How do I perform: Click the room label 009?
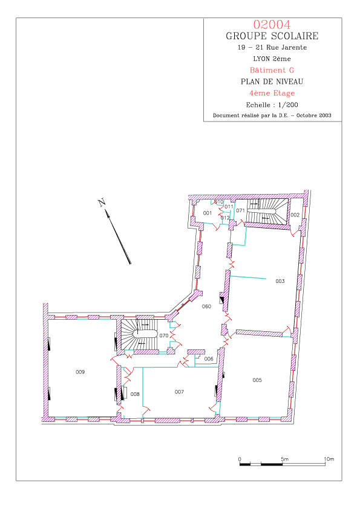[80, 372]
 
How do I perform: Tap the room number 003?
[280, 281]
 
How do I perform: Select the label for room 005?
[257, 380]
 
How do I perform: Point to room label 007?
[179, 392]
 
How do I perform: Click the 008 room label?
[135, 394]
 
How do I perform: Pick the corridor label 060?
[207, 306]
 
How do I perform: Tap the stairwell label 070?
[164, 336]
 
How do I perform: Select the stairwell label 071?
[240, 211]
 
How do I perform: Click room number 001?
[208, 213]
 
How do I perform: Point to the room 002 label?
[295, 215]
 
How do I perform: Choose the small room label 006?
[209, 358]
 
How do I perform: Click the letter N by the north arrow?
[102, 203]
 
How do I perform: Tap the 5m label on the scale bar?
[284, 459]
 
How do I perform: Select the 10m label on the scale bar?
[329, 459]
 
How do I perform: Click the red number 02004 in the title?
[272, 25]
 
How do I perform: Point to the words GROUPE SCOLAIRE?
[272, 36]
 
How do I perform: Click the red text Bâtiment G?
[272, 70]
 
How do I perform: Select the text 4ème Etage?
[272, 94]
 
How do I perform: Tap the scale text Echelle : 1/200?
[272, 105]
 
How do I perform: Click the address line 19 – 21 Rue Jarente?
[272, 47]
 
